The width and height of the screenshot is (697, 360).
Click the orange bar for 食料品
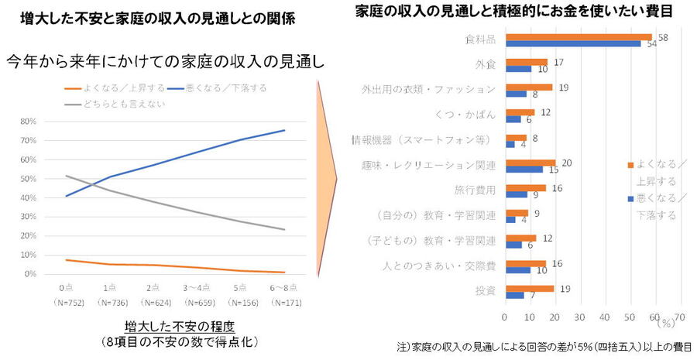coord(578,36)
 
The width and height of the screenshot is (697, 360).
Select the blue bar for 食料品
coord(573,43)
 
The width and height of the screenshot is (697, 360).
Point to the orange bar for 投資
coord(529,288)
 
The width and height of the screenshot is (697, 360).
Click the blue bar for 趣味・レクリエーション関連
coord(524,169)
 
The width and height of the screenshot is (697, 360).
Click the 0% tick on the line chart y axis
coord(30,274)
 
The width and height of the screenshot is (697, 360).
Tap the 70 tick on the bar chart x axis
coord(680,316)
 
